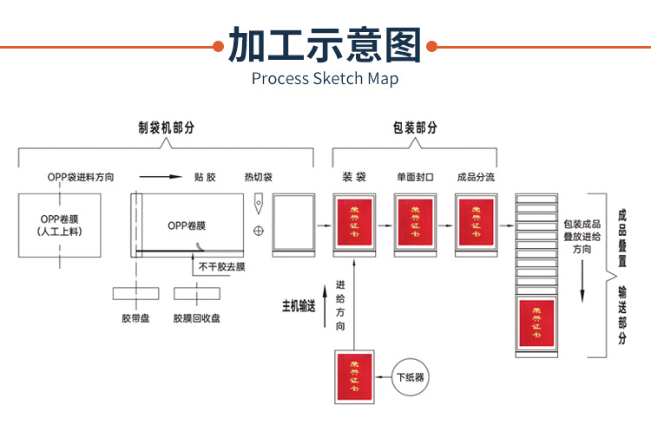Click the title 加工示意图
click(x=325, y=45)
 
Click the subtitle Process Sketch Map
click(x=325, y=79)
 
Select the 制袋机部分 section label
click(x=166, y=127)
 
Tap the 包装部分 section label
click(x=415, y=127)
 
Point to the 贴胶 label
click(x=205, y=178)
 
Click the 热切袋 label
click(x=258, y=178)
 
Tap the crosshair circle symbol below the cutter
click(x=258, y=231)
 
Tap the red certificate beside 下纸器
click(x=353, y=377)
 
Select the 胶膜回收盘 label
click(x=196, y=318)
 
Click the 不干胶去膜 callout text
click(x=220, y=266)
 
